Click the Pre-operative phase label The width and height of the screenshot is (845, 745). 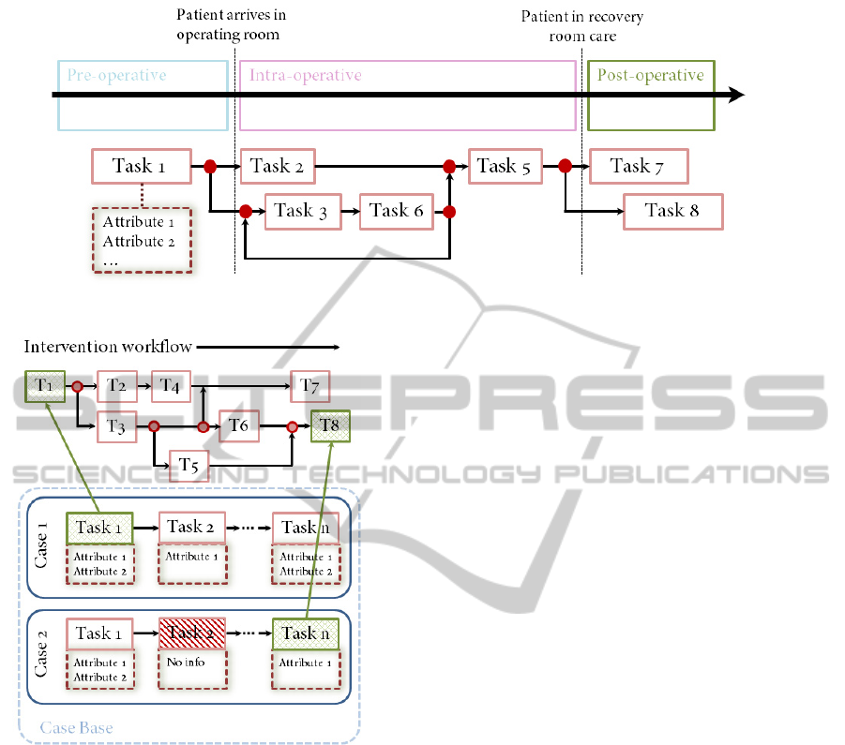point(117,75)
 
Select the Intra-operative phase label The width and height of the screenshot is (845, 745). point(305,75)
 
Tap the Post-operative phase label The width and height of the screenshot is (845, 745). point(651,75)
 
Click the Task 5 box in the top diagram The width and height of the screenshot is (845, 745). point(505,167)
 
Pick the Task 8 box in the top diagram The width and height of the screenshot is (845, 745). point(672,211)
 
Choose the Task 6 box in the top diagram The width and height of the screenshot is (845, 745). point(396,211)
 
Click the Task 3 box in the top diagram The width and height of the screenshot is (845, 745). point(301,211)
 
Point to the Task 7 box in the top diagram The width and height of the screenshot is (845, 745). point(638,167)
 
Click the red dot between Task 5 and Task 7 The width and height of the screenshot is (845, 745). point(565,167)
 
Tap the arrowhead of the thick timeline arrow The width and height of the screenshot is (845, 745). point(736,95)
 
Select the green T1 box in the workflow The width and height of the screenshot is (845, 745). point(45,385)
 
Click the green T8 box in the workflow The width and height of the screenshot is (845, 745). point(330,426)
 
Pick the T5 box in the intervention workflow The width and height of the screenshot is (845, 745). point(189,465)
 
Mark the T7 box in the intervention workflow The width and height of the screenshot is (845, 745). point(310,385)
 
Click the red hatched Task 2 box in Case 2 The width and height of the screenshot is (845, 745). point(191,633)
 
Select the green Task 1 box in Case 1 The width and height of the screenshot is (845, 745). point(99,528)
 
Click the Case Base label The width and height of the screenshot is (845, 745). point(76,727)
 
